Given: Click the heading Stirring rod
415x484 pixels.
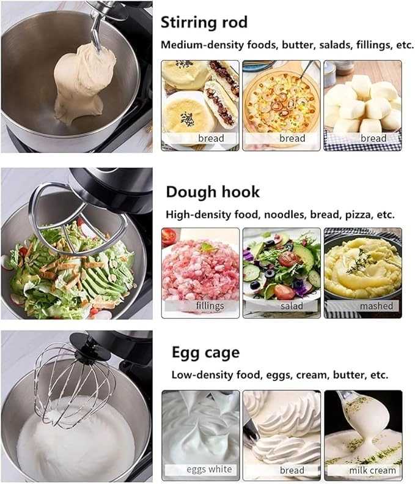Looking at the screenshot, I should tap(204, 23).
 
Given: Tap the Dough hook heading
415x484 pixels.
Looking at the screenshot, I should tap(213, 192).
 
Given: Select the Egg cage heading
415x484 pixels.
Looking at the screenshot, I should tap(205, 353).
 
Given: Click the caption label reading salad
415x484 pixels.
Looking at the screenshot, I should tap(292, 305).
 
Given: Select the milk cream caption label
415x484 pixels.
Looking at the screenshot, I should tap(373, 470).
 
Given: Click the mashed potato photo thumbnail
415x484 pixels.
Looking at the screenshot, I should tap(362, 266).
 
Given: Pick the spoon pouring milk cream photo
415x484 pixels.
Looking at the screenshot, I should tap(363, 428).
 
